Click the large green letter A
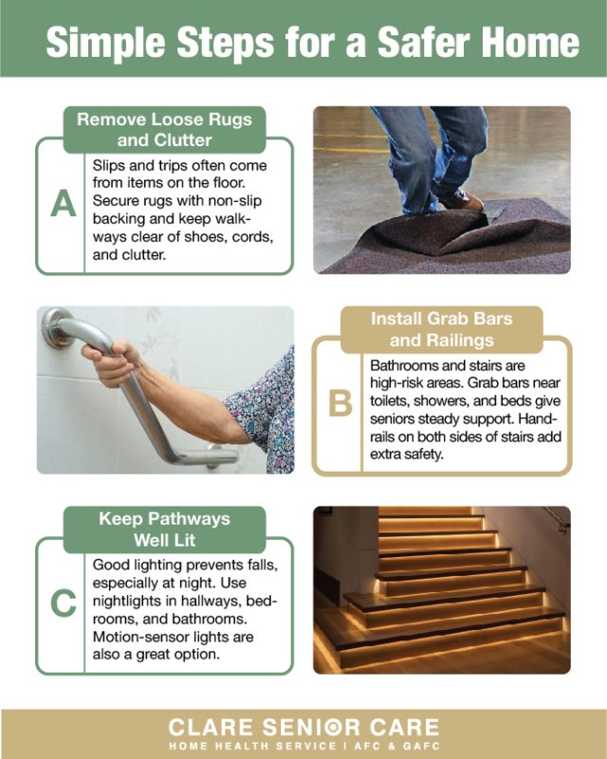(64, 203)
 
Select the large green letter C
(64, 603)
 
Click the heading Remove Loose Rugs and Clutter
(165, 130)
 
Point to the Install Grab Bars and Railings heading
(441, 329)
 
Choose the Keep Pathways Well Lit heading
(165, 529)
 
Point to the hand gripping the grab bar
(110, 363)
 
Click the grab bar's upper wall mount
(55, 327)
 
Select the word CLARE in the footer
(211, 728)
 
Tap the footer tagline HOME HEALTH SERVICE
(252, 747)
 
